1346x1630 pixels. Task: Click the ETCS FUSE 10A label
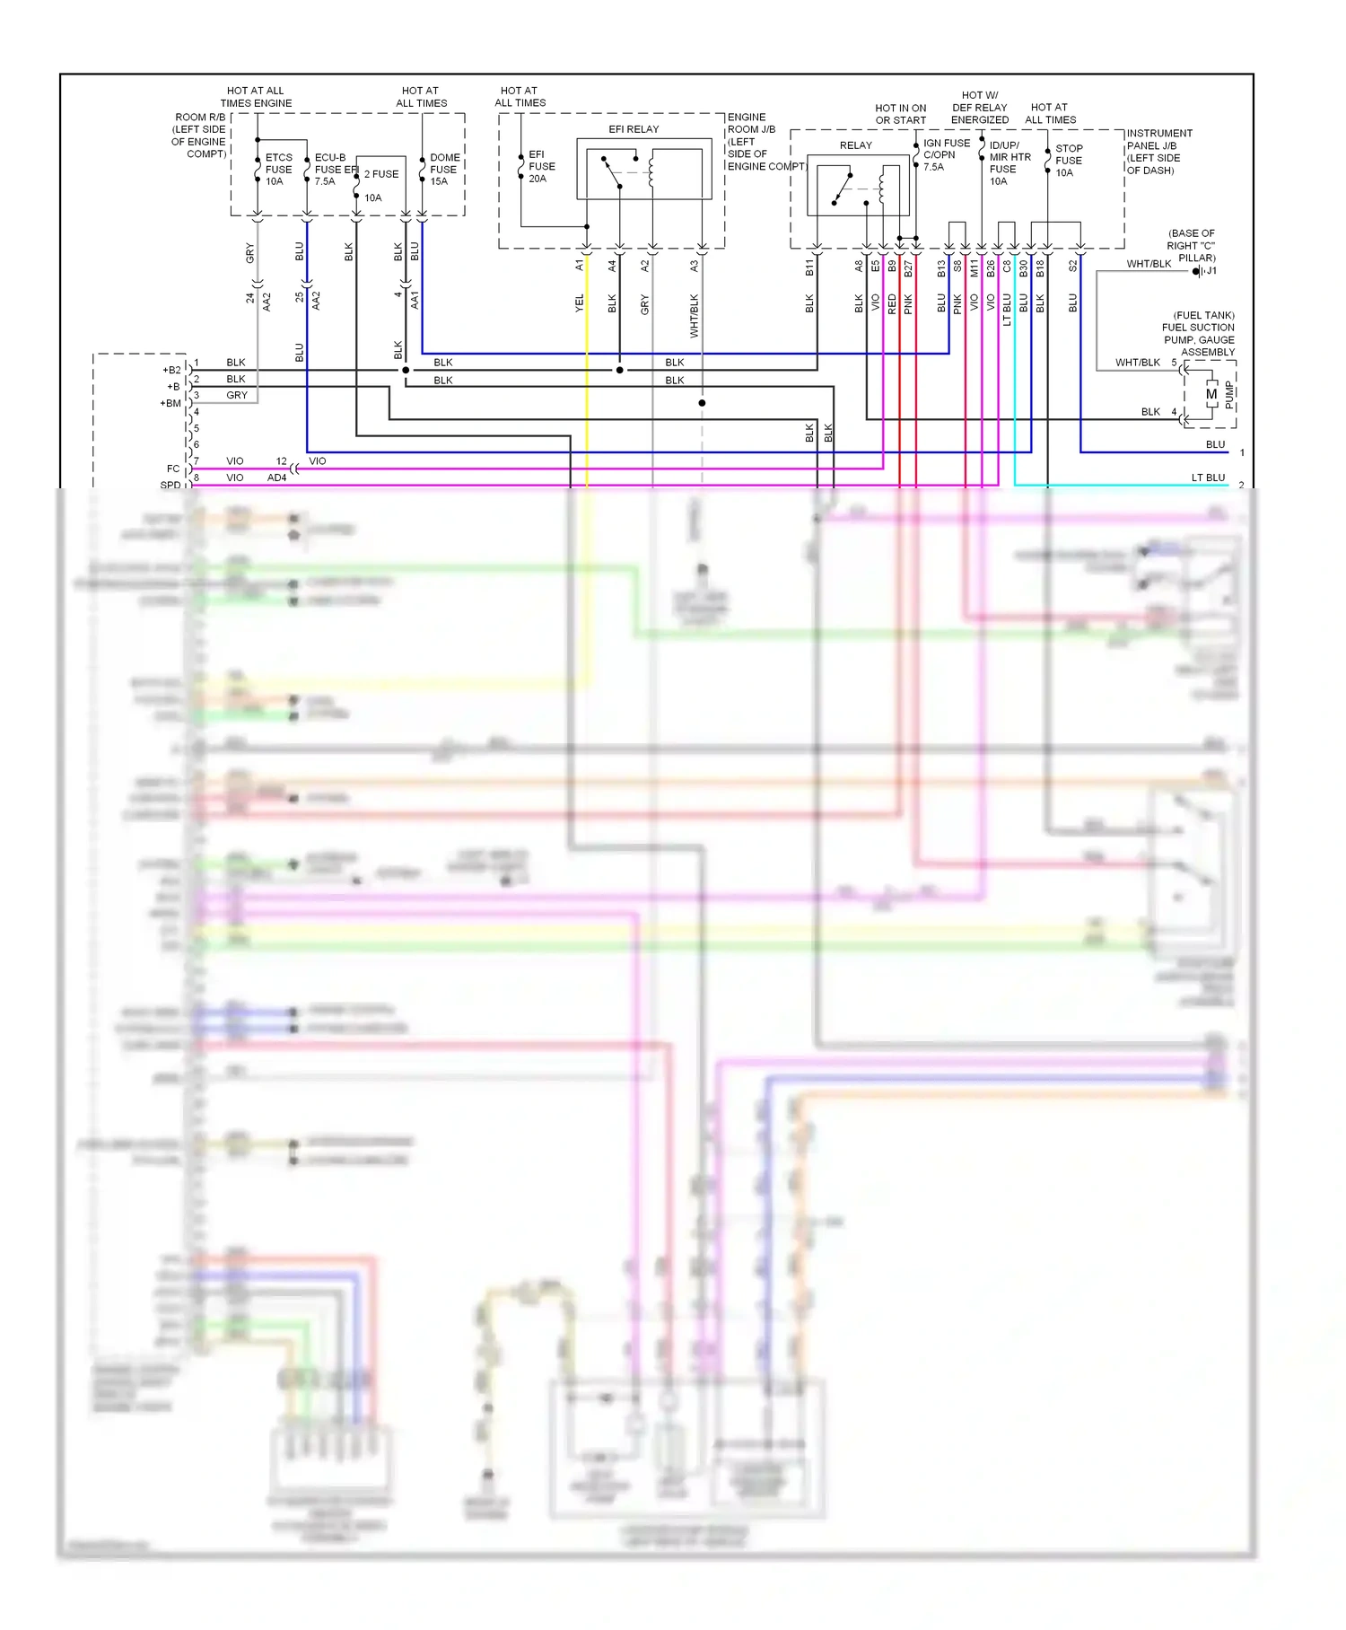click(278, 170)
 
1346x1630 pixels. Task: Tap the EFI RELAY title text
click(634, 129)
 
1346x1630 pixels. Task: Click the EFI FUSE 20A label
click(541, 167)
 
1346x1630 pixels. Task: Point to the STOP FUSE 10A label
click(1068, 161)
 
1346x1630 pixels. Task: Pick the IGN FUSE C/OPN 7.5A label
click(946, 155)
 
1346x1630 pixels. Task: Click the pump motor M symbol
click(1211, 394)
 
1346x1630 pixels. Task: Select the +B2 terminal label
click(171, 370)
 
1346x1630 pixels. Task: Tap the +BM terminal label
click(170, 403)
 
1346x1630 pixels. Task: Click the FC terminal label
click(173, 469)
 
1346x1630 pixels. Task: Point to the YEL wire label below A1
click(580, 303)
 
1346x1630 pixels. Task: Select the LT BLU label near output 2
click(1208, 478)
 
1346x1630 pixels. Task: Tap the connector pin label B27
click(908, 267)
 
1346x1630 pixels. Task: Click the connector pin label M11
click(975, 267)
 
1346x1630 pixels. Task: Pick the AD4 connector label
click(276, 478)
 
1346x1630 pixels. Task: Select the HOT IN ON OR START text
click(900, 114)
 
